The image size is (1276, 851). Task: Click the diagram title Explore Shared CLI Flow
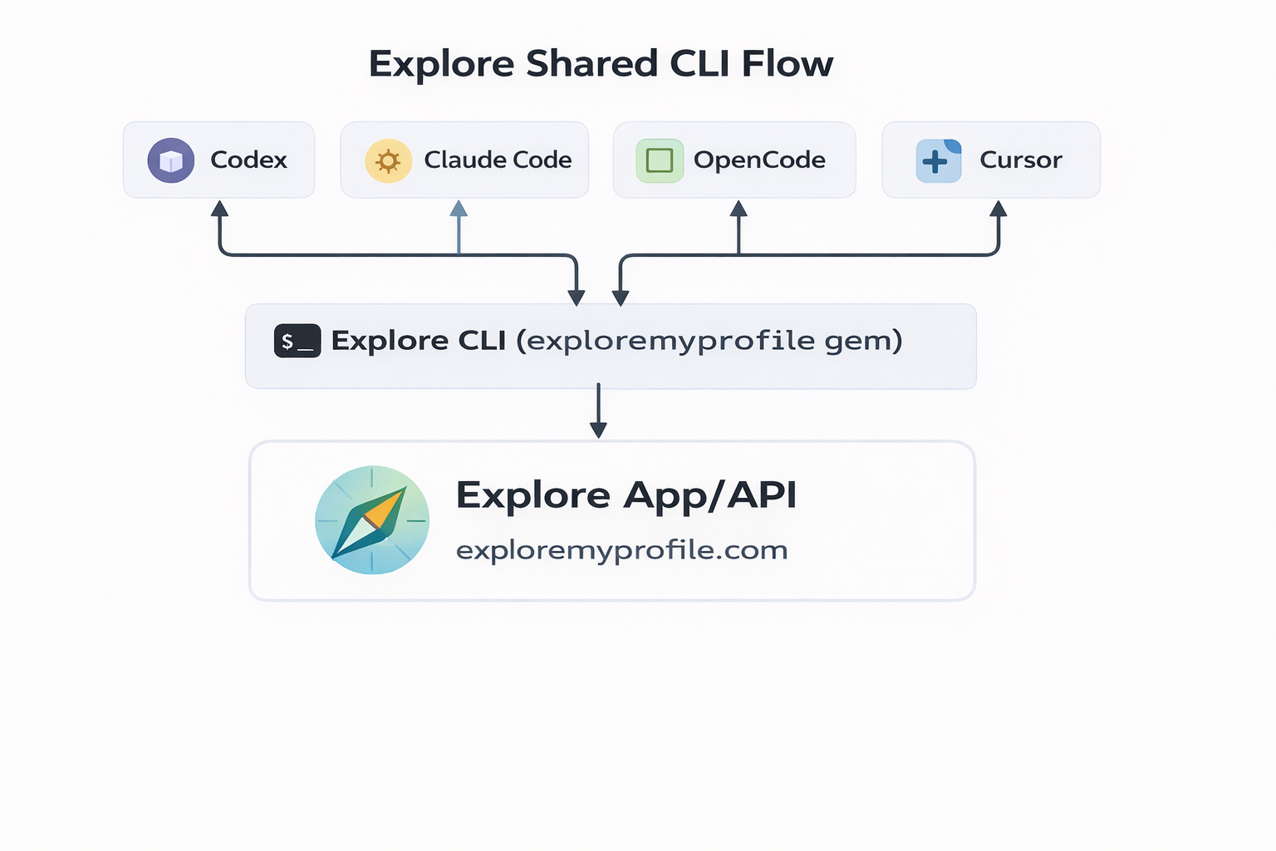click(600, 64)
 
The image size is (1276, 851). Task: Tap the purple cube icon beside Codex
click(171, 160)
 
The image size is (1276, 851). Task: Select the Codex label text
click(248, 160)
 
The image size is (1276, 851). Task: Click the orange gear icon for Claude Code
click(388, 160)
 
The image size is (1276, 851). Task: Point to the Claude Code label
click(498, 160)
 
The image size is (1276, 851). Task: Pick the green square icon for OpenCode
click(660, 160)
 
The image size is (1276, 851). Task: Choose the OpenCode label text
click(759, 160)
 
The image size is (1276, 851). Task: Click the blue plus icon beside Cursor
click(938, 161)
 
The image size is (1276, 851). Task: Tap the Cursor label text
click(1020, 160)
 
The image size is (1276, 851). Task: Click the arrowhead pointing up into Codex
click(219, 209)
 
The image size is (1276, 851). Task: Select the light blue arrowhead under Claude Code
click(459, 209)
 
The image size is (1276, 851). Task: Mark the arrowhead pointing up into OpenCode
click(739, 209)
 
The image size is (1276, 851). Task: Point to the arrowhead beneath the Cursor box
click(999, 209)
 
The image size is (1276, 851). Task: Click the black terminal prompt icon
click(297, 341)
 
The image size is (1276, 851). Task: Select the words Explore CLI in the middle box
click(419, 341)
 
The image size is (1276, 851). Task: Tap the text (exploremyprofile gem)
click(709, 341)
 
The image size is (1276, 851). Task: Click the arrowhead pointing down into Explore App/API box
click(598, 429)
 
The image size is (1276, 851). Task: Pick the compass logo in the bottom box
click(372, 519)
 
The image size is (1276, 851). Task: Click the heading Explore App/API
click(626, 495)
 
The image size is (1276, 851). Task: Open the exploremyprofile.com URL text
click(621, 550)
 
